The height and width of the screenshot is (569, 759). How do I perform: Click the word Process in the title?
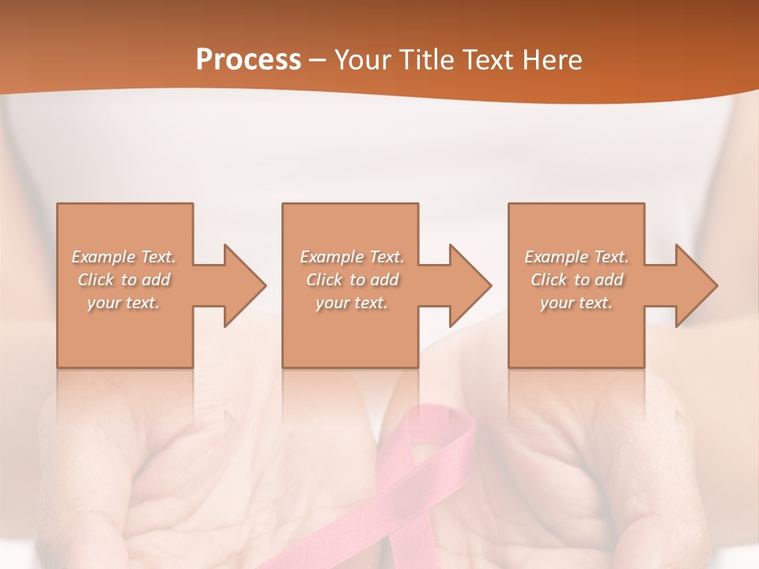point(248,59)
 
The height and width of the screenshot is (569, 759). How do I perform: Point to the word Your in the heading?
point(361,59)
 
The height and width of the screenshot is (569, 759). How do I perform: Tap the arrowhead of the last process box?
point(696,285)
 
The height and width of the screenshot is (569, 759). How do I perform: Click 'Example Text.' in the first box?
point(124,257)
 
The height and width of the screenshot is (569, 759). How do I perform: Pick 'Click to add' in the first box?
point(124,280)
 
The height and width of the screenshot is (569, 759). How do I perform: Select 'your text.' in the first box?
point(124,303)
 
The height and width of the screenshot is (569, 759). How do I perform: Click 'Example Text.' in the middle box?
point(352,257)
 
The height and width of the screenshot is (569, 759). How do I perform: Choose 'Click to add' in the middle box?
point(352,280)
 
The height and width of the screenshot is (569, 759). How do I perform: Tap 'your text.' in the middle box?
point(352,303)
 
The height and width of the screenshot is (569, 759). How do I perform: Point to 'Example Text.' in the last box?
point(576,257)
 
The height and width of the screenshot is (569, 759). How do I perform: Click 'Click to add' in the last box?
point(576,280)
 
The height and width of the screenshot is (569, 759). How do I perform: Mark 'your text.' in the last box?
point(576,303)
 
